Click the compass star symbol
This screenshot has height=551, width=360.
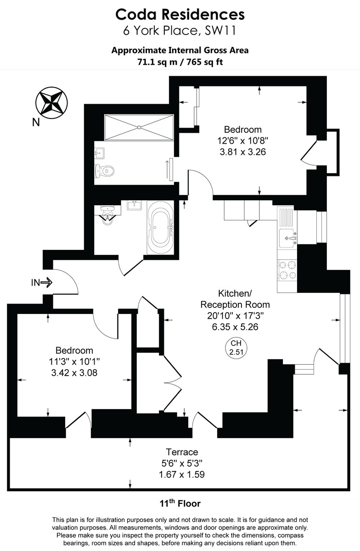pos(51,102)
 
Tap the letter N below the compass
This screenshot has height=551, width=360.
pos(36,122)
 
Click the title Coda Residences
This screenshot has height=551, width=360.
pos(180,15)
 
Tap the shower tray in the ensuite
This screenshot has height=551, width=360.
pos(138,127)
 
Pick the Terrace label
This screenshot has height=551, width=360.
pos(182,452)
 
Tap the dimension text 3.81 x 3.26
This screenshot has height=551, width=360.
pos(242,151)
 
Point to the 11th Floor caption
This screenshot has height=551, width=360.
pos(180,503)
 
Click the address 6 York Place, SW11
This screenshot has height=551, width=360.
pos(180,31)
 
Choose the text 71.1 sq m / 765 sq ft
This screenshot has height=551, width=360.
pos(180,62)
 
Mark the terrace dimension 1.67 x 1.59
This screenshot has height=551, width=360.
pos(182,474)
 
